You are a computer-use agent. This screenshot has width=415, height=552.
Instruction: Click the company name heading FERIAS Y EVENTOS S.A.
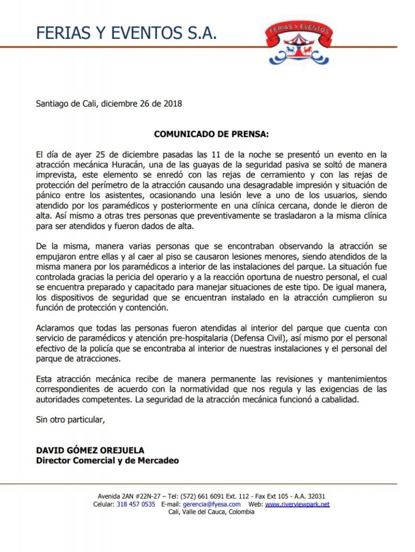click(x=127, y=33)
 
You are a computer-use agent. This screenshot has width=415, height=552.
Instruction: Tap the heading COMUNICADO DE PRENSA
click(x=211, y=133)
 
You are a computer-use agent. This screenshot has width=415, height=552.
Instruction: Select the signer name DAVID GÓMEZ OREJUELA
click(x=91, y=450)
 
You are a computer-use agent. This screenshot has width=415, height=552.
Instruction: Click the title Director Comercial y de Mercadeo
click(x=107, y=460)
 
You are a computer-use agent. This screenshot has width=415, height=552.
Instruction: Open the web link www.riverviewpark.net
click(x=297, y=504)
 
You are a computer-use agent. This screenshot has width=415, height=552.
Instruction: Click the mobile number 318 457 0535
click(x=136, y=504)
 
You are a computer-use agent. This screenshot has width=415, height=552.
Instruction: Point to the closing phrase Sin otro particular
click(x=70, y=418)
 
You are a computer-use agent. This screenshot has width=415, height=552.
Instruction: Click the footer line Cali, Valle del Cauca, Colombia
click(x=211, y=512)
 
